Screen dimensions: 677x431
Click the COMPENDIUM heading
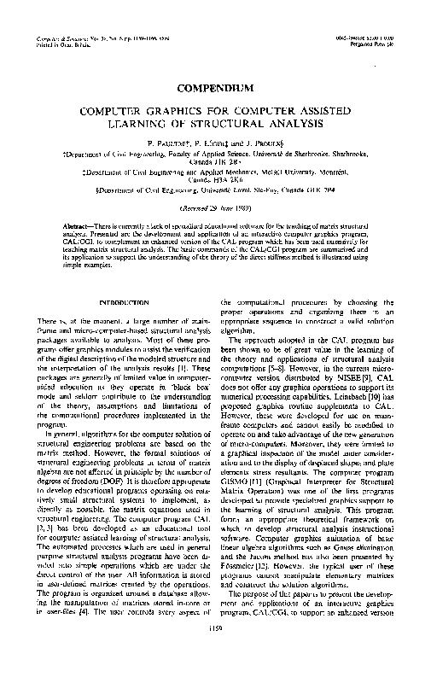pos(215,88)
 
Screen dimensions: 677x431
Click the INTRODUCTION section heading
pos(125,303)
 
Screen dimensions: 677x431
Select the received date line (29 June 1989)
pos(215,207)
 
